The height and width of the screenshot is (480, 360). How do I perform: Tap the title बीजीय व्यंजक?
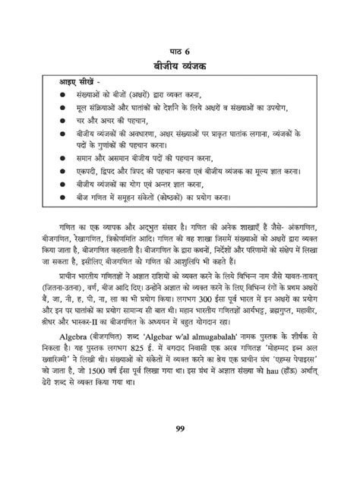point(180,68)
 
